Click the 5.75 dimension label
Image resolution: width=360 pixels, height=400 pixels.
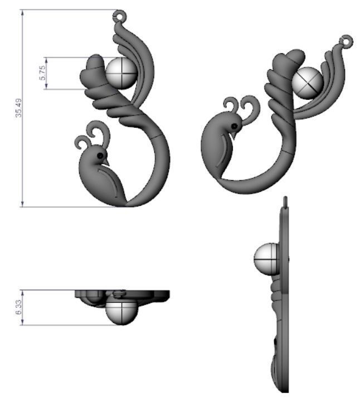pyautogui.click(x=42, y=73)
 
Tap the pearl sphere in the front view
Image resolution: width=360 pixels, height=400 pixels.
pyautogui.click(x=121, y=73)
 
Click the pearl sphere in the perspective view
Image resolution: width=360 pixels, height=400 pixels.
pyautogui.click(x=307, y=81)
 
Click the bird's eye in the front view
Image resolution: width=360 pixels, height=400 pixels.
pyautogui.click(x=100, y=155)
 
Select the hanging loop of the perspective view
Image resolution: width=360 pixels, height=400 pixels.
pyautogui.click(x=347, y=41)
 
